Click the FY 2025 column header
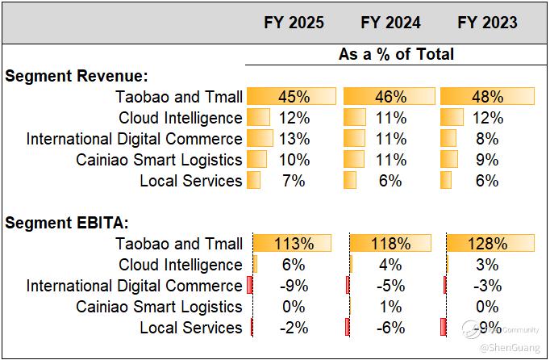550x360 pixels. point(294,23)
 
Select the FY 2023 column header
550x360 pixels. point(487,23)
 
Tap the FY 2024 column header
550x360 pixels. point(390,23)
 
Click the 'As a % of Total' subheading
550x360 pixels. point(396,54)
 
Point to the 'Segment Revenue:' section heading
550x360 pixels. point(77,76)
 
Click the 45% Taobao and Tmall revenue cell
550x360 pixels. point(294,97)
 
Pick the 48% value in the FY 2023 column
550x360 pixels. point(487,97)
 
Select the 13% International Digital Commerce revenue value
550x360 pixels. point(294,139)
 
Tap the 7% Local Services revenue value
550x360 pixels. point(294,181)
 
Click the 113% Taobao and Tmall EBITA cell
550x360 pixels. point(294,244)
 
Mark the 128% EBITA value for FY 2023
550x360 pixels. point(487,244)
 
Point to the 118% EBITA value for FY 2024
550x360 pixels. point(390,244)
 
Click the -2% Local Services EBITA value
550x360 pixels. point(294,328)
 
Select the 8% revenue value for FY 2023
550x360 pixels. point(487,139)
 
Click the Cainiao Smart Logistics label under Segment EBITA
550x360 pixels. point(159,307)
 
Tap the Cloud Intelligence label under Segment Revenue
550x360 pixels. point(180,118)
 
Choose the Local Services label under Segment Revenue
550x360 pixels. point(190,181)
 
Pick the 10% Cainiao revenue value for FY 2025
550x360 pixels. point(294,160)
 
